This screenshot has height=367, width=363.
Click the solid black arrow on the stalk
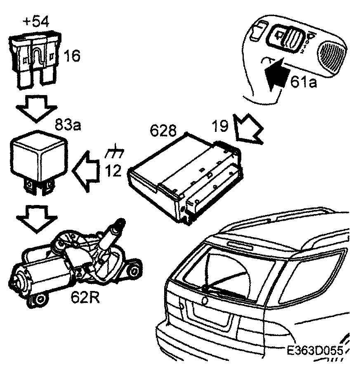coord(275,74)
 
